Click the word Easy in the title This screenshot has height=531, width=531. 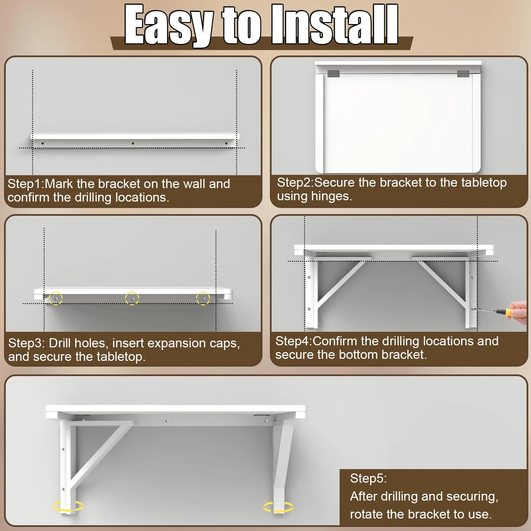coord(169,25)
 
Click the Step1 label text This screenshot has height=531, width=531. coord(26,184)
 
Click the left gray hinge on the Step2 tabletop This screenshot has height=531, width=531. coord(333,74)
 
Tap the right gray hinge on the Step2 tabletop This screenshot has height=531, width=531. coord(463,73)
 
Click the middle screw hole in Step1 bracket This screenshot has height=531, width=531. coord(133,143)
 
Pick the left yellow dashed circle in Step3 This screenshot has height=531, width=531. coord(56,298)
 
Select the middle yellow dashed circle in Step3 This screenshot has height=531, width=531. coord(132,298)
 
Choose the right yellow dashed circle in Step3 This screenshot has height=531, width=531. coord(203,298)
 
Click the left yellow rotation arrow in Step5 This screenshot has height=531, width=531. coord(68,506)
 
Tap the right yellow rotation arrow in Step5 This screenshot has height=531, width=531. coord(278,507)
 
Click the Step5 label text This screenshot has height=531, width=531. coord(368,479)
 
